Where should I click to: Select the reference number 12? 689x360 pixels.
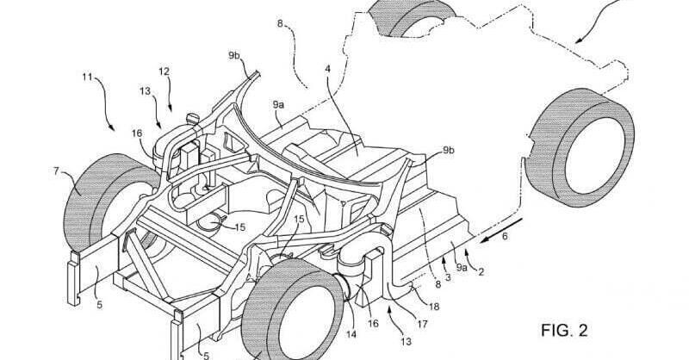164,71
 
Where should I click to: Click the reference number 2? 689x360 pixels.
481,272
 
